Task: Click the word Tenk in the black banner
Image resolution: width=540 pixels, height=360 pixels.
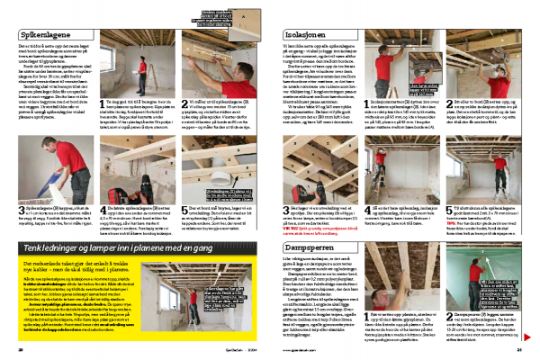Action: pyautogui.click(x=35, y=220)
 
